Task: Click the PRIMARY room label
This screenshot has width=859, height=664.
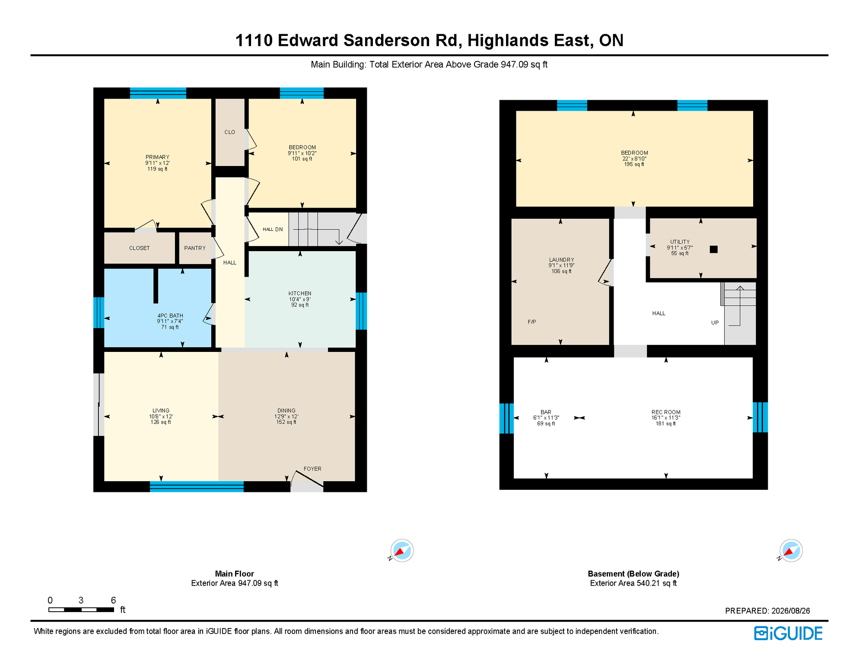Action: pos(157,157)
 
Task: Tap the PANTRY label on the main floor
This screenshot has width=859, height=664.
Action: pos(195,248)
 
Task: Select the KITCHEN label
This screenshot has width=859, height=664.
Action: pos(300,294)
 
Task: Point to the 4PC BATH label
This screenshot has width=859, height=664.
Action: pos(170,316)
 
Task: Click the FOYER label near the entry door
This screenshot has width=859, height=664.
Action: pos(312,469)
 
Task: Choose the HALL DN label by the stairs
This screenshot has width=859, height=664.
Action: pos(273,230)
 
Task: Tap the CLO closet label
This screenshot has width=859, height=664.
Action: pos(230,132)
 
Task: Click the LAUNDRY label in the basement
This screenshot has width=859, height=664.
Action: pos(562,260)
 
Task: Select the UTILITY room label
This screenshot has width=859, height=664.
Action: pos(680,242)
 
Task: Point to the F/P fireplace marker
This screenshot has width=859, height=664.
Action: pos(532,322)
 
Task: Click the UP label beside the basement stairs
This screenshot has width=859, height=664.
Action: pos(715,323)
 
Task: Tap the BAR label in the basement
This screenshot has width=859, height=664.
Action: pos(546,412)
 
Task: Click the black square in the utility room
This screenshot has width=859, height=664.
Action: pos(714,249)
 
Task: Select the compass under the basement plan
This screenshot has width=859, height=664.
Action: pos(791,551)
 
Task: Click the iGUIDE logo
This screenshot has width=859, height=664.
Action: pos(789,633)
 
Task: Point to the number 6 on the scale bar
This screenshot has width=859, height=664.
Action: pos(113,600)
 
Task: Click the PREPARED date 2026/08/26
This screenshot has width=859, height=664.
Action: pos(791,611)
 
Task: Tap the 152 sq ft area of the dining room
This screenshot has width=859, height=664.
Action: pos(286,422)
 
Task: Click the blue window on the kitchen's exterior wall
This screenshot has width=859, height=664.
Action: pos(361,311)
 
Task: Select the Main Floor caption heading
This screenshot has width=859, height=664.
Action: pos(235,574)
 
